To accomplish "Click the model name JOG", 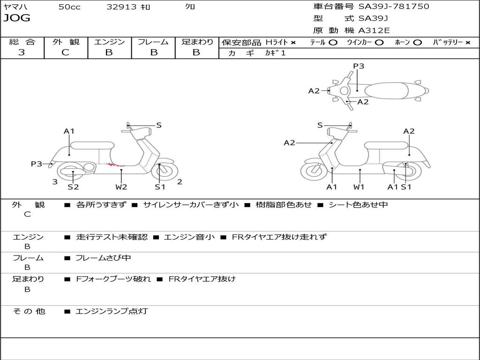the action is point(17,18).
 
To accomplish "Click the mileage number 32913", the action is point(121,7).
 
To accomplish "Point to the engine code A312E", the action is point(373,31).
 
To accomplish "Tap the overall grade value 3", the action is point(22,52).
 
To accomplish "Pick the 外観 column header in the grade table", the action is point(66,42).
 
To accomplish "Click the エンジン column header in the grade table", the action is point(109,42).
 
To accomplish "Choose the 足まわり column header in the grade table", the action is point(197,42).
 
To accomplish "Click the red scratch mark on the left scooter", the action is point(115,165).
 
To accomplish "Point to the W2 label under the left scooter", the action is point(121,187).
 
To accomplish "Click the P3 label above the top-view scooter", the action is point(359,66).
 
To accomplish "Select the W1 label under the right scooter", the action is point(359,187).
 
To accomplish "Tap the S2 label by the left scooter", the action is point(73,187).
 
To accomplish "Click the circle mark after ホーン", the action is point(418,42).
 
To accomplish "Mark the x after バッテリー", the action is point(467,42).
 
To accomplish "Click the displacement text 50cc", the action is point(69,7).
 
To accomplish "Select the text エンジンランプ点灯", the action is point(112,311).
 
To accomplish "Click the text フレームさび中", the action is point(103,258).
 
